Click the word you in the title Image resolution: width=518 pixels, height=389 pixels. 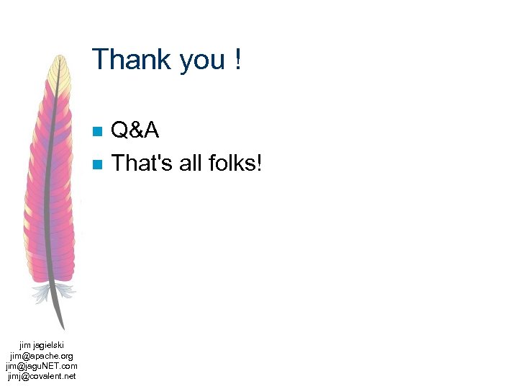202,61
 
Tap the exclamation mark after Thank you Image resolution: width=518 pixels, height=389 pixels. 237,59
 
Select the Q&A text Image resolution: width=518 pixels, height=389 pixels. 135,130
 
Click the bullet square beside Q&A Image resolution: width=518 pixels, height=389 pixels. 98,131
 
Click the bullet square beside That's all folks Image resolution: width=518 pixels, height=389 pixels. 98,164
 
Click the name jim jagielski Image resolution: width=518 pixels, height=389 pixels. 42,346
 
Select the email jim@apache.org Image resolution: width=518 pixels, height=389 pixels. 42,356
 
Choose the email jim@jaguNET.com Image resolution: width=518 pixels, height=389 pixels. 42,366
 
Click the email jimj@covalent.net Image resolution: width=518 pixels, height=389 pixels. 42,376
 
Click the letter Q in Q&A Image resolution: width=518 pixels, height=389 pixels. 120,130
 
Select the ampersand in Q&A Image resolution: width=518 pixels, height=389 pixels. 135,130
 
